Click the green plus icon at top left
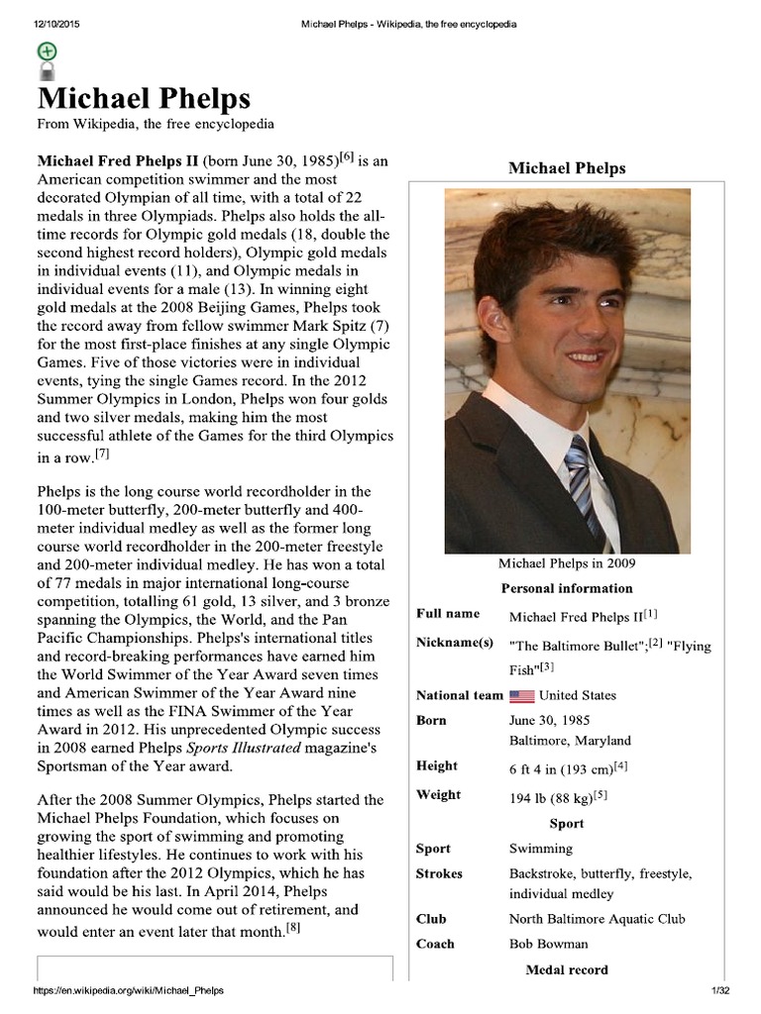pyautogui.click(x=47, y=51)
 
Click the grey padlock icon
pyautogui.click(x=47, y=70)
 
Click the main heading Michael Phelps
pyautogui.click(x=144, y=99)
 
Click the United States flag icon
pyautogui.click(x=522, y=696)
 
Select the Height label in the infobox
pyautogui.click(x=437, y=765)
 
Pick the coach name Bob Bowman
pyautogui.click(x=548, y=944)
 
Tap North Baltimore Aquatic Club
pyautogui.click(x=598, y=919)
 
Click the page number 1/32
pyautogui.click(x=719, y=991)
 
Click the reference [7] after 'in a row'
pyautogui.click(x=102, y=455)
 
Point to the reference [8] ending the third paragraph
pyautogui.click(x=293, y=928)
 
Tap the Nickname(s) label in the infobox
pyautogui.click(x=455, y=643)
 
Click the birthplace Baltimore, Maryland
pyautogui.click(x=570, y=740)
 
